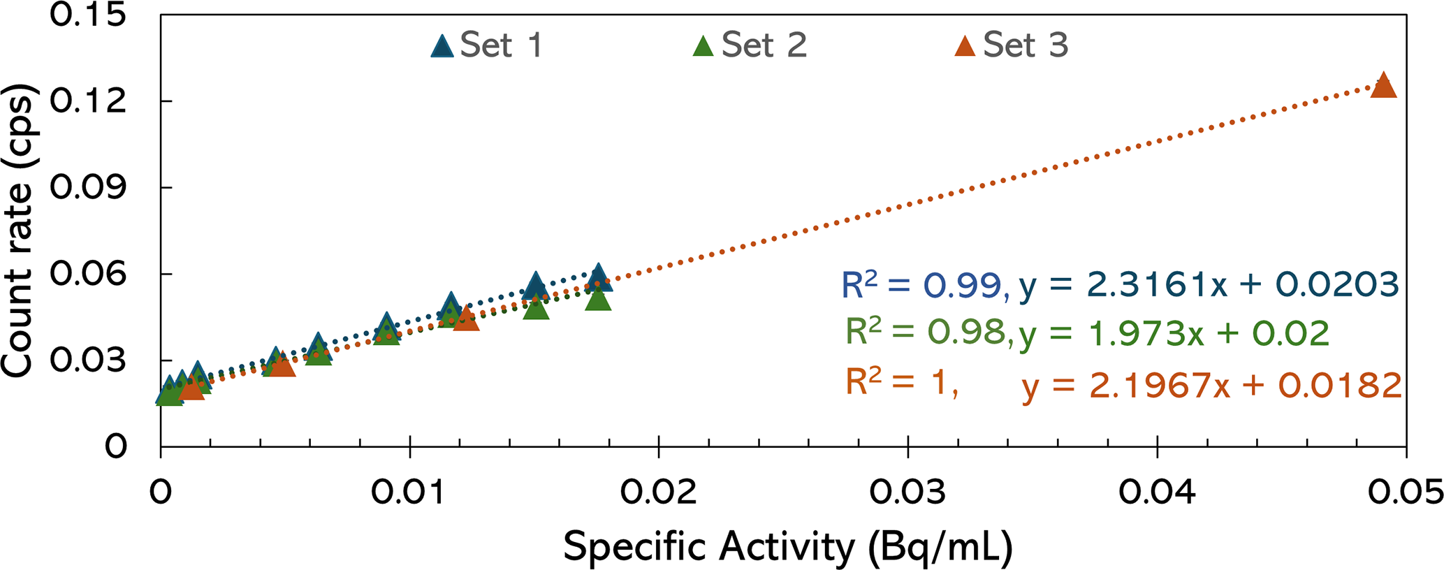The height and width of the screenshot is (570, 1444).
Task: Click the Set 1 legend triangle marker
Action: tap(442, 46)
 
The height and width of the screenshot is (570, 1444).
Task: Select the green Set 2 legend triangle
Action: tap(703, 46)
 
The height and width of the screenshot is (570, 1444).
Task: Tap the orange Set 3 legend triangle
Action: tap(965, 46)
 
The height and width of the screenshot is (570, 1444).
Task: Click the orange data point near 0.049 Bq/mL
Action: tap(1383, 86)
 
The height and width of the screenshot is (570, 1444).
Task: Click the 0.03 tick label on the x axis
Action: tap(907, 492)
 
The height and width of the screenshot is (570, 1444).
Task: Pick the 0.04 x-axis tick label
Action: tap(1157, 492)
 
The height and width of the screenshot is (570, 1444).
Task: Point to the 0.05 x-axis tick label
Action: tap(1405, 492)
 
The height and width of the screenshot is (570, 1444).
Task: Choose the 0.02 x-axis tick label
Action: tap(658, 492)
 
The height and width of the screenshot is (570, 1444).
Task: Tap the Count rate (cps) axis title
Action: tap(19, 231)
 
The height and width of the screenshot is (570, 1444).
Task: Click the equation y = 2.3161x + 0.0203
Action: tap(1209, 285)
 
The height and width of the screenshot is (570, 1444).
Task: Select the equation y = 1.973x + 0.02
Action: tap(1174, 334)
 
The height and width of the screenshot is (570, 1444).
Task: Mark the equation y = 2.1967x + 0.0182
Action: tap(1211, 385)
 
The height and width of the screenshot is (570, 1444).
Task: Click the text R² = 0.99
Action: tap(925, 285)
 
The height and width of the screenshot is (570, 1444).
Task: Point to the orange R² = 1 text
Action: tap(901, 383)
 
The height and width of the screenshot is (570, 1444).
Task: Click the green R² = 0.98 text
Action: tap(926, 332)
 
